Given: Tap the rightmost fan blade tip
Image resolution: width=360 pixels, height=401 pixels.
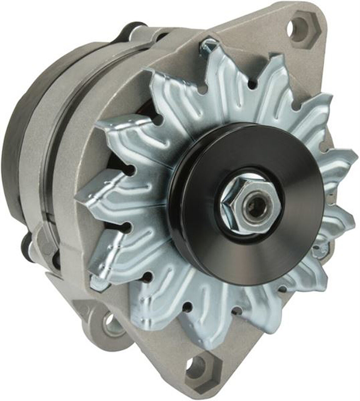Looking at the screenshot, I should click(354, 159).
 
